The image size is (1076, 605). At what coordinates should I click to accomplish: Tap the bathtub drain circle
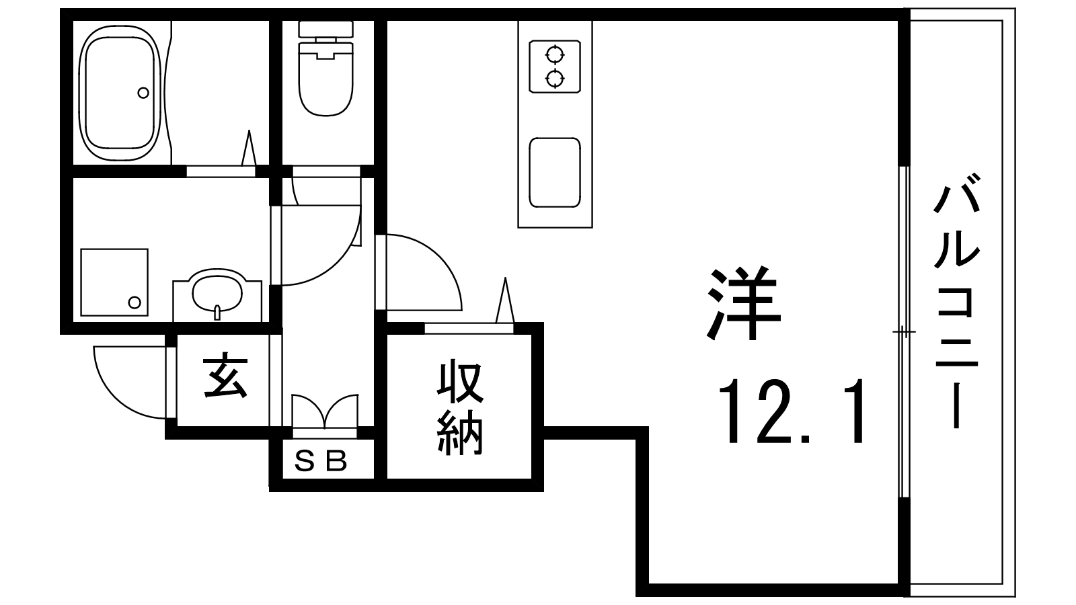(x=143, y=93)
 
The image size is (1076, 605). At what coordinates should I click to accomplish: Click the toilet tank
(x=326, y=29)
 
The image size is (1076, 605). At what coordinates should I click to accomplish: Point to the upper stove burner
(x=554, y=53)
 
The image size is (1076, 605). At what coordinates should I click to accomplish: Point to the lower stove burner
(x=554, y=79)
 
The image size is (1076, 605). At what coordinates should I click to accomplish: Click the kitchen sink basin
(x=554, y=172)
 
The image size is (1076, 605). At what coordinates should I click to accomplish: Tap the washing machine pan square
(x=114, y=282)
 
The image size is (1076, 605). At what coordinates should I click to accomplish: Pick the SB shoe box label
(x=321, y=461)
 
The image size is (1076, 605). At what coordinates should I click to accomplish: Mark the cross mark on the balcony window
(x=903, y=332)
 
